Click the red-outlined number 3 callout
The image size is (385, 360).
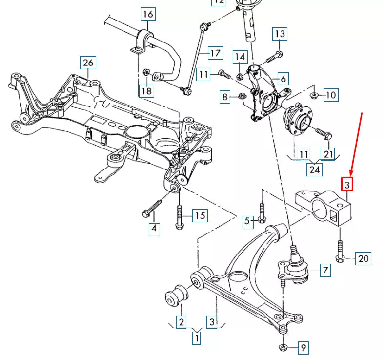[x=346, y=184]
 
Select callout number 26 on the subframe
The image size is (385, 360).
[x=88, y=63]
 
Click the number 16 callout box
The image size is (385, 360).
[x=148, y=14]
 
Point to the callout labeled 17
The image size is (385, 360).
[x=215, y=52]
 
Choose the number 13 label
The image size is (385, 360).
[x=280, y=34]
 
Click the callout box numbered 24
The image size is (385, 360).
[x=315, y=169]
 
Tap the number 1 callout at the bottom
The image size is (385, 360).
[x=196, y=337]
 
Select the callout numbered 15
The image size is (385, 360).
[x=200, y=215]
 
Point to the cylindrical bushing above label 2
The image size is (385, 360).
[x=176, y=296]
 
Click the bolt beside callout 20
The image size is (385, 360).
[x=339, y=249]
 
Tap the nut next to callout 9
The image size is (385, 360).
[x=283, y=348]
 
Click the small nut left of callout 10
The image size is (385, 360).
[x=314, y=94]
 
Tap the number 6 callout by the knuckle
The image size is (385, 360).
[x=284, y=78]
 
